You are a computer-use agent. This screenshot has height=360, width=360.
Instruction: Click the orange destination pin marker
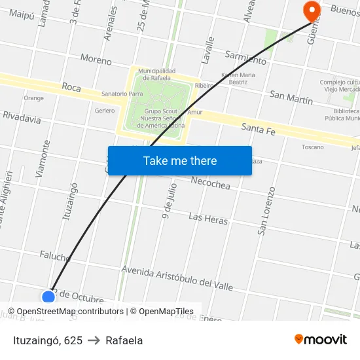(312, 10)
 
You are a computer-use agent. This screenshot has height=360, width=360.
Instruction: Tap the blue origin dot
(48, 297)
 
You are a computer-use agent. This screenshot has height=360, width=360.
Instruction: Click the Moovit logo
(321, 339)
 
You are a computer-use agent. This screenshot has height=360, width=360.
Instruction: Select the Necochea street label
(210, 185)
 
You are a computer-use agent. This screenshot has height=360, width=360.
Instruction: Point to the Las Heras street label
(208, 219)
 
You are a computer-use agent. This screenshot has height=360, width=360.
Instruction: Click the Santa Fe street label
(258, 128)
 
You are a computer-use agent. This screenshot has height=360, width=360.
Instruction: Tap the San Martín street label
(291, 98)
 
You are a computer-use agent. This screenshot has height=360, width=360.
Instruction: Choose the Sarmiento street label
(245, 58)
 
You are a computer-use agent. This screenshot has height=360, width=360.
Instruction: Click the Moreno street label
(96, 59)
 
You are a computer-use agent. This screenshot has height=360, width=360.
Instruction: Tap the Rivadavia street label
(22, 118)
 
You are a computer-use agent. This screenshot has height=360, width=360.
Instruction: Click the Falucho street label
(55, 255)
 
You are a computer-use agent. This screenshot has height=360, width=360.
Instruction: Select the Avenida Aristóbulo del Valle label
(177, 277)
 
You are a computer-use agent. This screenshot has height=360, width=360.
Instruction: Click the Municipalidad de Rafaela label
(156, 74)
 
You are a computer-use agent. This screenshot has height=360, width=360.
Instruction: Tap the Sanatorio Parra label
(122, 94)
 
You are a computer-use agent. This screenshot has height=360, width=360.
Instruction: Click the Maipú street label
(22, 13)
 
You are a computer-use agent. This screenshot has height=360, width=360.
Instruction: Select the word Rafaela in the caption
(124, 340)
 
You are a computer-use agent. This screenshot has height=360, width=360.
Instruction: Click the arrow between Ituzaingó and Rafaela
(94, 340)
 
